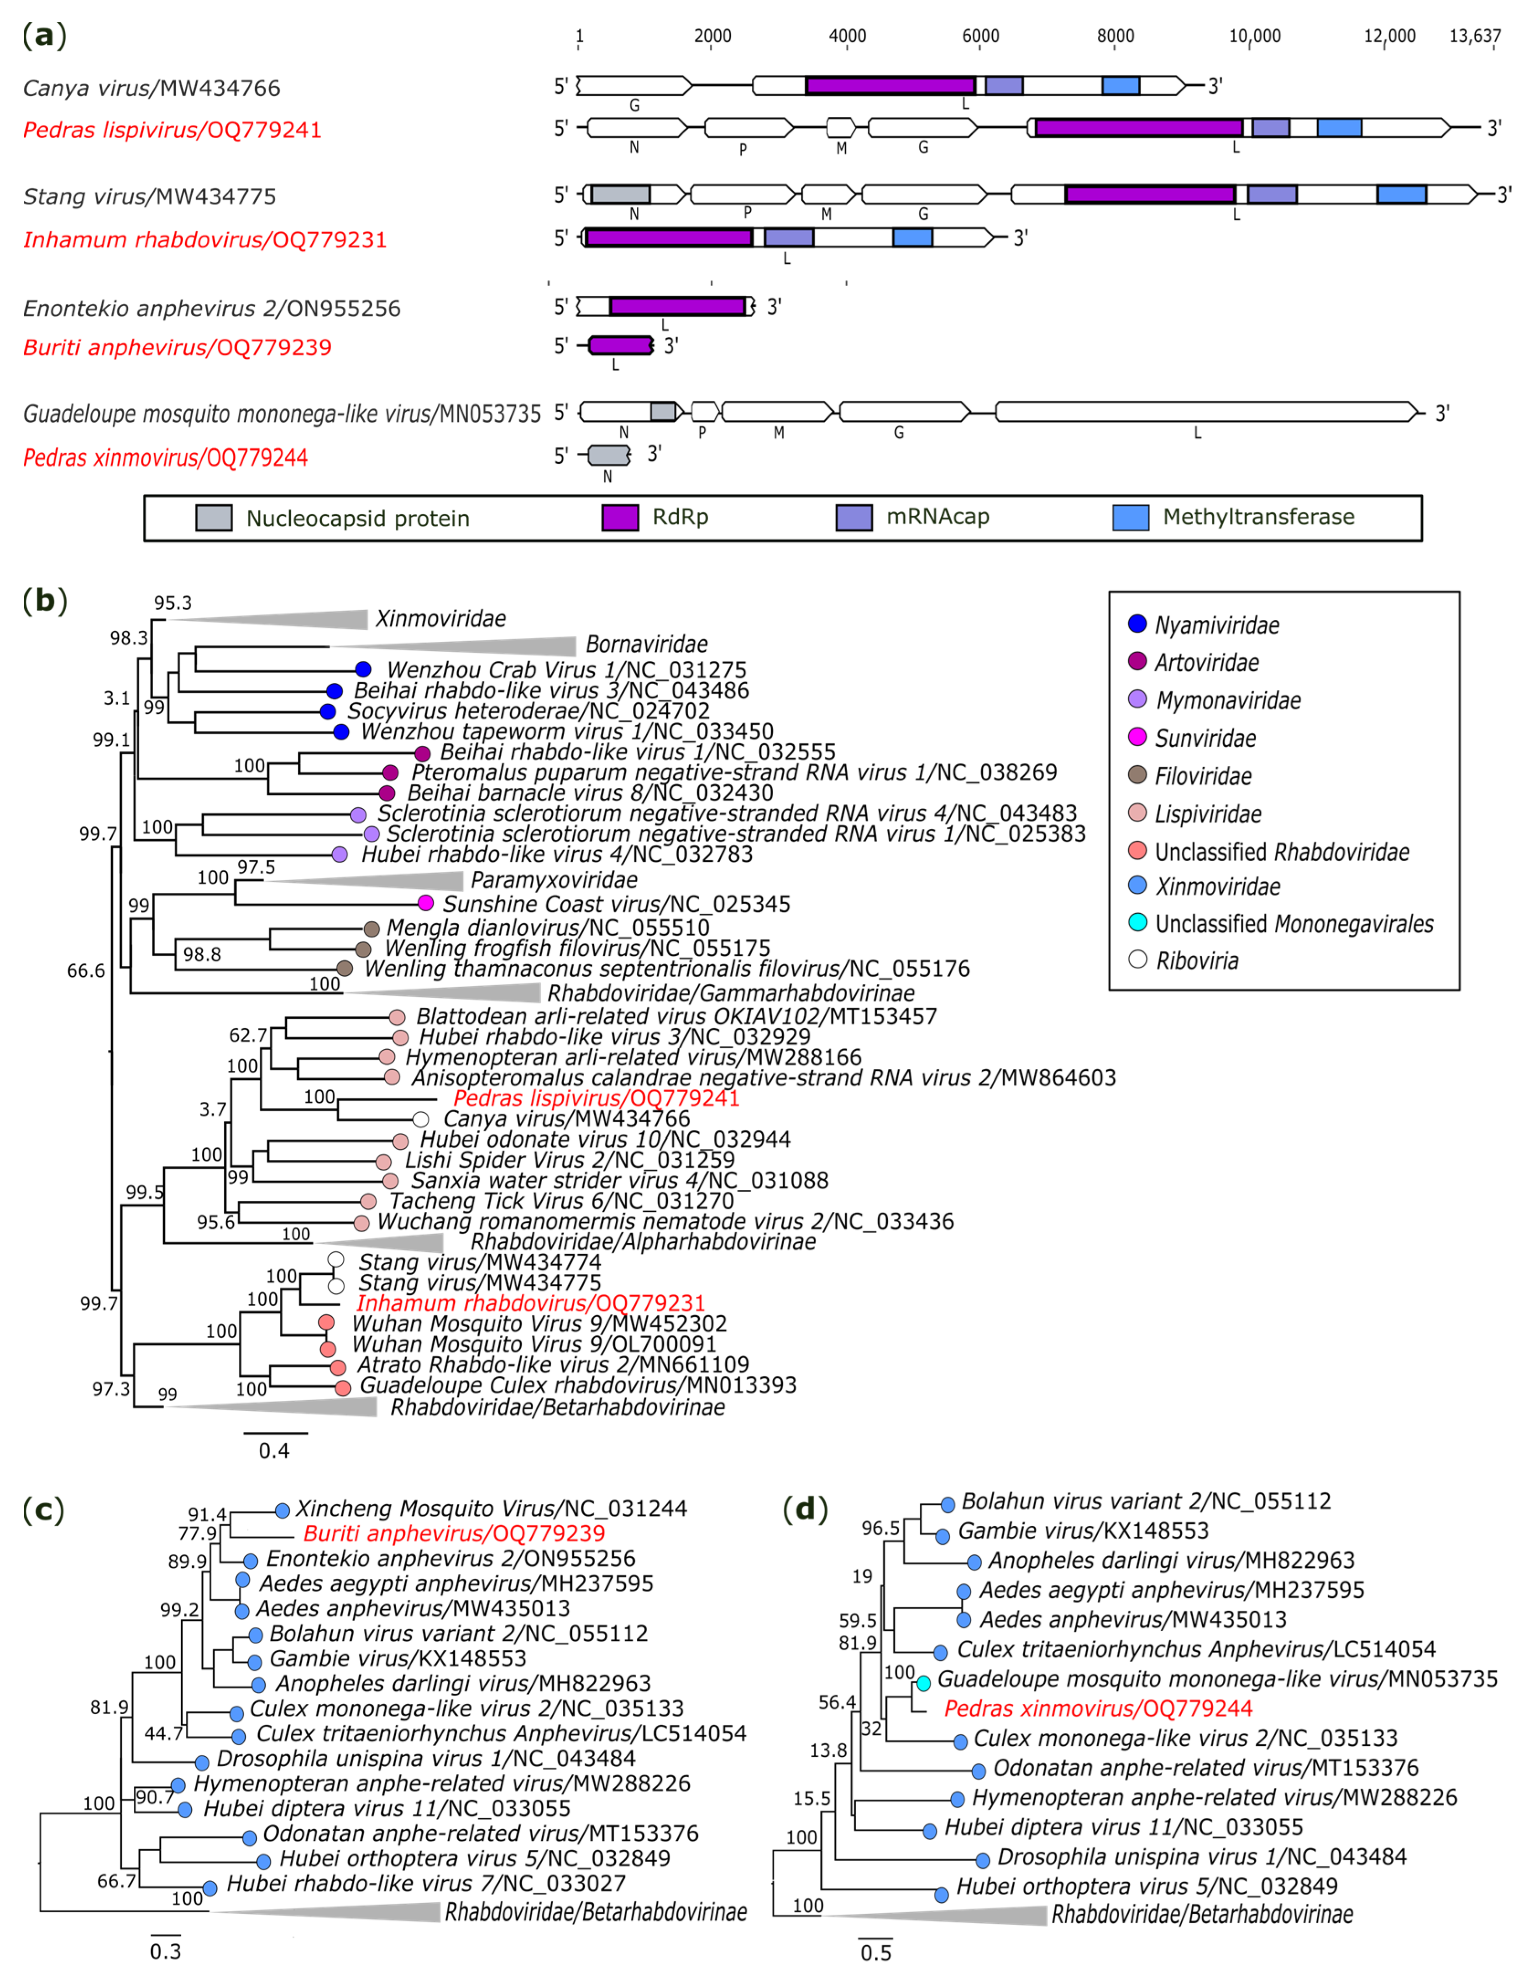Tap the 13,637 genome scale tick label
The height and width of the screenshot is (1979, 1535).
(x=1474, y=36)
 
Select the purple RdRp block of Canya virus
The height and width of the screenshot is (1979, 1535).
(x=890, y=86)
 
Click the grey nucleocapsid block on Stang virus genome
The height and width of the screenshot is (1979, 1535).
(x=621, y=194)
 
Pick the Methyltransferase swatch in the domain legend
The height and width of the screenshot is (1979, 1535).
(x=1130, y=518)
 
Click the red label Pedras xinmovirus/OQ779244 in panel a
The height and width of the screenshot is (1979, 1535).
(x=166, y=458)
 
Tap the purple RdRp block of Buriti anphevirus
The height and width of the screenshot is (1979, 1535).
(x=620, y=345)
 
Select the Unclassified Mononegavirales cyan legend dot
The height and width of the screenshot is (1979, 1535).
(x=1137, y=922)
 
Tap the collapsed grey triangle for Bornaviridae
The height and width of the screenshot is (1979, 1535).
(x=453, y=645)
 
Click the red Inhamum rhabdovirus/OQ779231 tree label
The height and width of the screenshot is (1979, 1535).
(x=530, y=1303)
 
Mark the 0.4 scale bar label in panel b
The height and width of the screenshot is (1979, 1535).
(x=274, y=1451)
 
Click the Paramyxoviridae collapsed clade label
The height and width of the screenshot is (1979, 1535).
(x=554, y=880)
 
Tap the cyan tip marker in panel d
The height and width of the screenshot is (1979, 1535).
(x=923, y=1683)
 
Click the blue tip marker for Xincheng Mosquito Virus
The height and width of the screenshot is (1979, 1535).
(x=282, y=1511)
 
